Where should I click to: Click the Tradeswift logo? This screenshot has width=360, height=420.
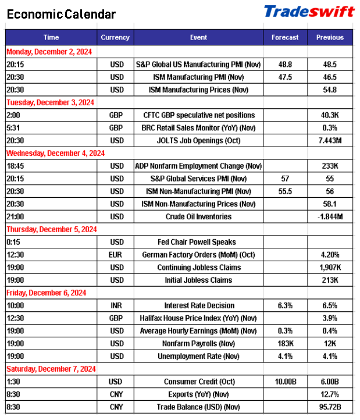tap(309, 12)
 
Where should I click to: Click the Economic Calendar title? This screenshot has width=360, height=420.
tap(62, 15)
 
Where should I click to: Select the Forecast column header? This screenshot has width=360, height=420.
tap(285, 38)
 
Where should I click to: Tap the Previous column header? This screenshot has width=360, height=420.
tap(330, 38)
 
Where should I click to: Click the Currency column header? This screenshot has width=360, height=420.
tap(115, 38)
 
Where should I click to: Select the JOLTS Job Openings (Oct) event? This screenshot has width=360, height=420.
tap(198, 140)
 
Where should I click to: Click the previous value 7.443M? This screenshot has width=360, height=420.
tap(330, 140)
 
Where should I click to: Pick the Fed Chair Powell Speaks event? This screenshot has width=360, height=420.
tap(198, 242)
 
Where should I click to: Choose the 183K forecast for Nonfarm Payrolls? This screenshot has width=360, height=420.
tap(285, 343)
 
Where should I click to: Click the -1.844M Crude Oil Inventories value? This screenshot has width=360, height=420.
tap(330, 216)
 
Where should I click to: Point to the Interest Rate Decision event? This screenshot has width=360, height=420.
tap(198, 305)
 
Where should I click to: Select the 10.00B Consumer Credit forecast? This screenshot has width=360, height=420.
tap(285, 382)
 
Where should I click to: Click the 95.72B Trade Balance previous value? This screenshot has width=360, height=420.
tap(330, 407)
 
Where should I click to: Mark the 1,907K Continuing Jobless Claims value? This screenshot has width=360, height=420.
tap(330, 268)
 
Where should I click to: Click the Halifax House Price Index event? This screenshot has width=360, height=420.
tap(198, 318)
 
